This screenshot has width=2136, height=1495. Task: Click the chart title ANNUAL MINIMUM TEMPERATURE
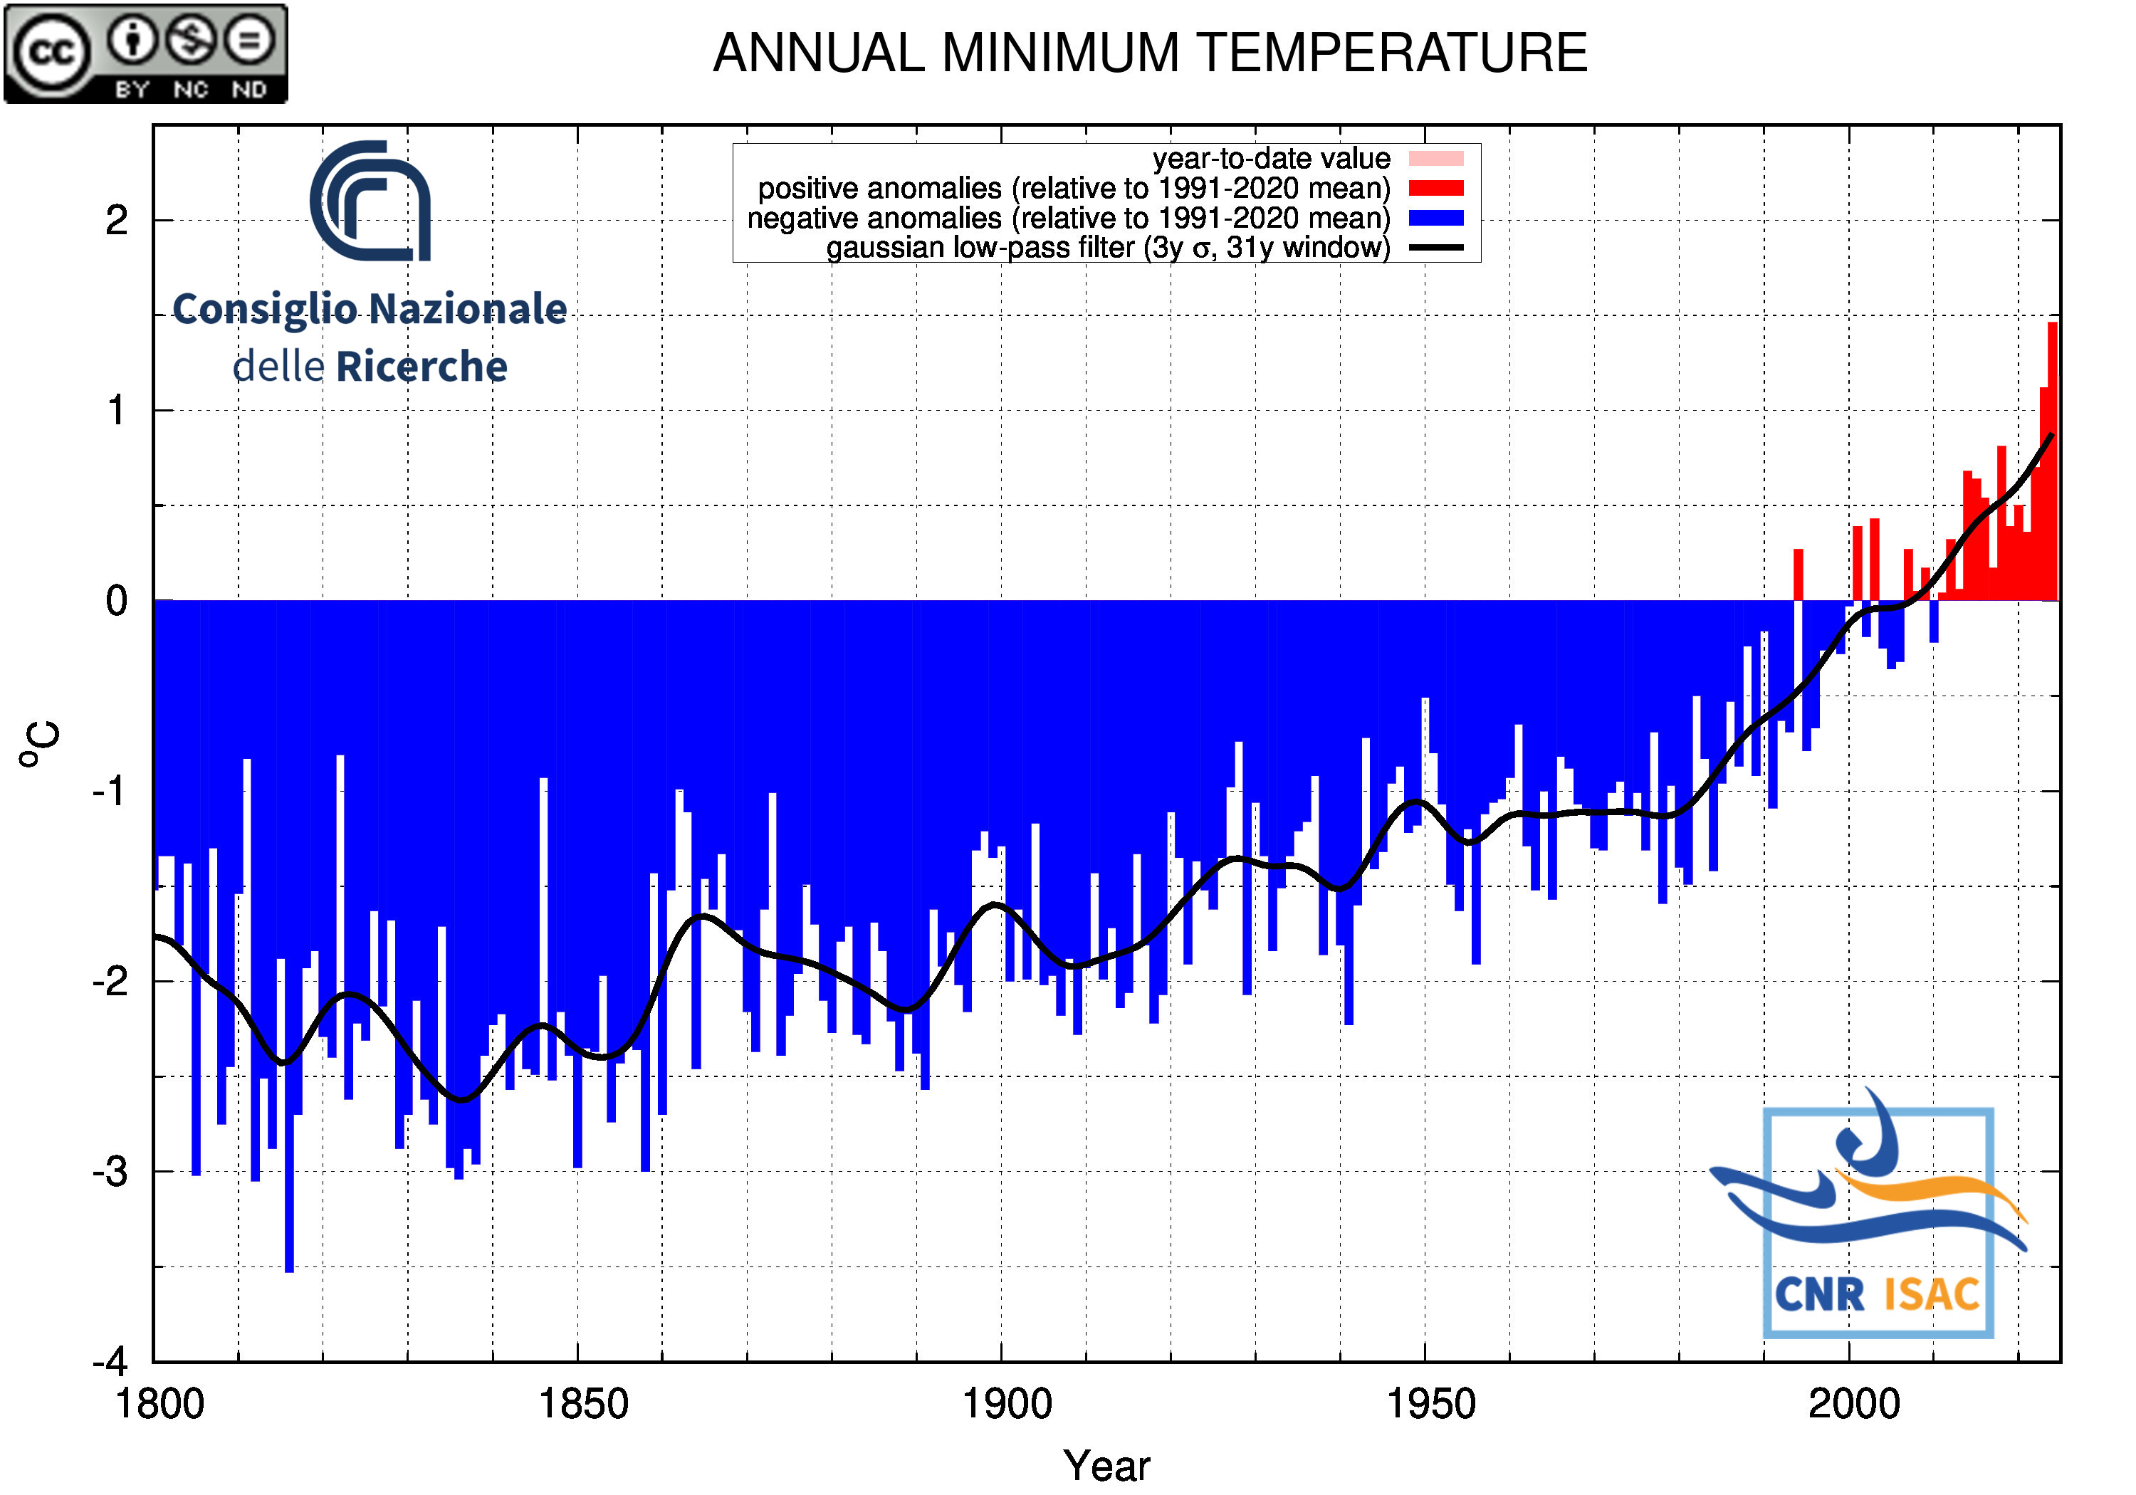click(x=1150, y=53)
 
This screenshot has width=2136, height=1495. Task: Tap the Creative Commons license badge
click(x=146, y=53)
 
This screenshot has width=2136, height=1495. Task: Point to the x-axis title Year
click(x=1106, y=1465)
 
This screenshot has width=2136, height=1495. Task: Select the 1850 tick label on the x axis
click(x=583, y=1403)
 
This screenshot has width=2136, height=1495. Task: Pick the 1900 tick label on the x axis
click(x=1007, y=1403)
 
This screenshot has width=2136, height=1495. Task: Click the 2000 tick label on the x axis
click(x=1853, y=1403)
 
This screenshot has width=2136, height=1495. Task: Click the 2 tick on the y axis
click(x=116, y=221)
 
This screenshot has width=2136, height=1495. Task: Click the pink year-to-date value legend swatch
click(x=1435, y=158)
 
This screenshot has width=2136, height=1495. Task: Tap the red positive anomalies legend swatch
click(x=1435, y=188)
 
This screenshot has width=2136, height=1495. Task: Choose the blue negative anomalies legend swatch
click(x=1435, y=218)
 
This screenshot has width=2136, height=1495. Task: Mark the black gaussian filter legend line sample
click(x=1435, y=248)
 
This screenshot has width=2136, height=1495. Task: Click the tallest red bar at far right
click(x=2052, y=465)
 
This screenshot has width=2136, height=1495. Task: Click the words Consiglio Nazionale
click(x=370, y=309)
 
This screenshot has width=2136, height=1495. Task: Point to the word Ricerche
click(x=422, y=367)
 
